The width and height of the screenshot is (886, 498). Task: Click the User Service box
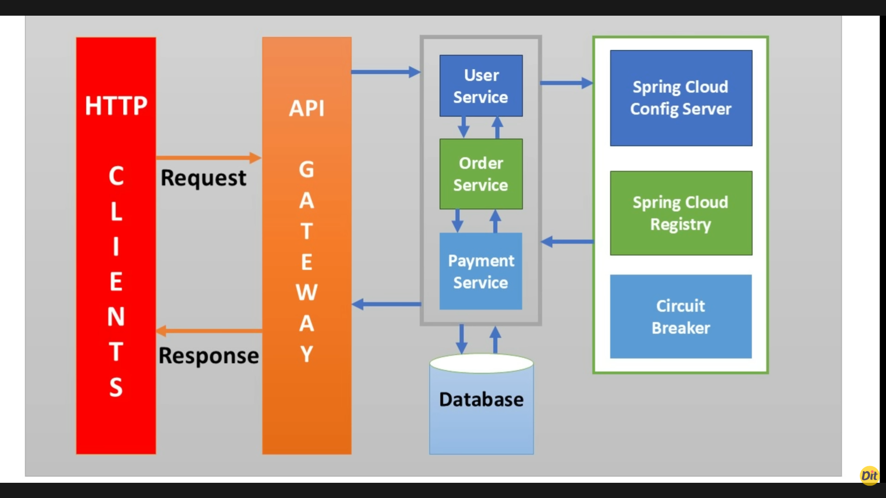(481, 86)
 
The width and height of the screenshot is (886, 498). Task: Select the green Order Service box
(481, 174)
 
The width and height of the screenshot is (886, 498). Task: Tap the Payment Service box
(481, 271)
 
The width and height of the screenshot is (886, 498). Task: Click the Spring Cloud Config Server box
(681, 98)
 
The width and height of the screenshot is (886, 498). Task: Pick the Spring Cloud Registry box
(681, 213)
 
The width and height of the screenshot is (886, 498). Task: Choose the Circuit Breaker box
(681, 316)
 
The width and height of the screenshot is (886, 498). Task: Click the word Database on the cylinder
(481, 399)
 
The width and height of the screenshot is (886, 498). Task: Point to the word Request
(203, 178)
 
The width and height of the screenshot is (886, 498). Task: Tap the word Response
(209, 356)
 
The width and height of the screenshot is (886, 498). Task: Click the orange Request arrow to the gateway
(208, 158)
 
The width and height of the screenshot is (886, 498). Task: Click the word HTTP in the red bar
(116, 106)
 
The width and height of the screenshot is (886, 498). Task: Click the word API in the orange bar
(306, 108)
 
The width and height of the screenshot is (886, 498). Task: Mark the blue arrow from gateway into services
(385, 72)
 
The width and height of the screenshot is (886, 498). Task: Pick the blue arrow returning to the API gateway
(387, 304)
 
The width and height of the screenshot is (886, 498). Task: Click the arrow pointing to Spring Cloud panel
(566, 83)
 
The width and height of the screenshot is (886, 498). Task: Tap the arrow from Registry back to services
(567, 241)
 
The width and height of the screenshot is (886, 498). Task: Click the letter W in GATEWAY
(306, 292)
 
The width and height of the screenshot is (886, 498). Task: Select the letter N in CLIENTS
(116, 317)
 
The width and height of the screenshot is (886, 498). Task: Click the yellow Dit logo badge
(869, 475)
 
